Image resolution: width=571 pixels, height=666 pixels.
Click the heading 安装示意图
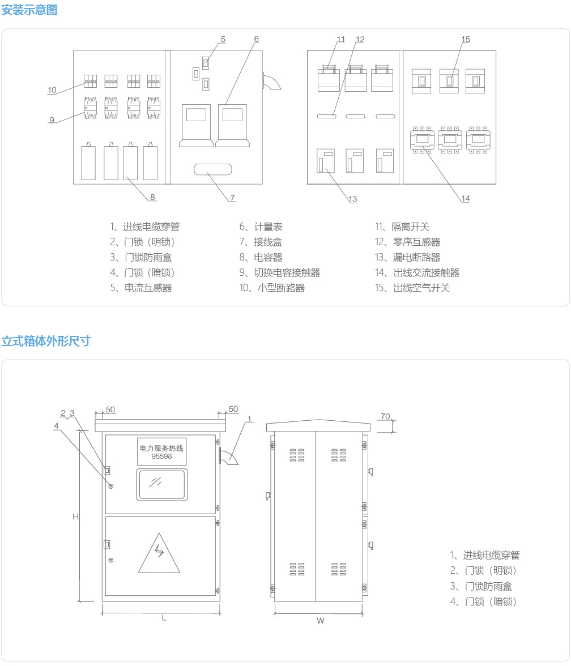click(29, 10)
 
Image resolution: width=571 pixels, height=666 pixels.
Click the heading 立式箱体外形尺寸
click(46, 341)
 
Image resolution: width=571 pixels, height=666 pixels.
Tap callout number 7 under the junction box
click(232, 198)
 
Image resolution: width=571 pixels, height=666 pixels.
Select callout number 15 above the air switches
click(466, 40)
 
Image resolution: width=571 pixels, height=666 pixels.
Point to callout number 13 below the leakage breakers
click(353, 199)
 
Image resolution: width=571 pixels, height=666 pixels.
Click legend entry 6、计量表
click(261, 227)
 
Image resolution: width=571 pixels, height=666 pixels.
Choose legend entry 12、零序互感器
click(407, 242)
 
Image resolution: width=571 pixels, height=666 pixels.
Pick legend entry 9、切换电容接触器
click(279, 272)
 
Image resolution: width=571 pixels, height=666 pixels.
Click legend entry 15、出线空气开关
click(412, 288)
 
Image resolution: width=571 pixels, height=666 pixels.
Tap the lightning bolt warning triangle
click(159, 554)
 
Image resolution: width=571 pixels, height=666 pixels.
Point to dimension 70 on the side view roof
click(385, 417)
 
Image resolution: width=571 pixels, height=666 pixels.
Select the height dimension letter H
click(75, 516)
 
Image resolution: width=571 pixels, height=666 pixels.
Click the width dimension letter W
click(320, 621)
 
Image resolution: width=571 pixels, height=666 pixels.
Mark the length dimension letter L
click(164, 618)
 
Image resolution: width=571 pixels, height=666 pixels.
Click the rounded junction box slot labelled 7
click(212, 169)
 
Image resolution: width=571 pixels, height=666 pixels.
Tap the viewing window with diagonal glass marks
click(161, 484)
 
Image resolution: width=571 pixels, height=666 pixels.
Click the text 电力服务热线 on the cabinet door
click(161, 448)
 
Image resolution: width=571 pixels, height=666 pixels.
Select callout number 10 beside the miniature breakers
click(52, 90)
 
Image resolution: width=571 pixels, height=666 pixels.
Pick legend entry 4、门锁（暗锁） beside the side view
click(483, 601)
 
